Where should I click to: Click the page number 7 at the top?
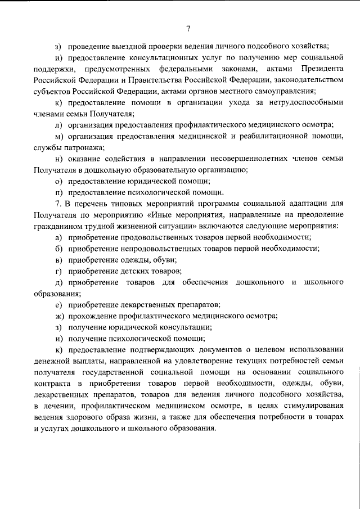(188, 29)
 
